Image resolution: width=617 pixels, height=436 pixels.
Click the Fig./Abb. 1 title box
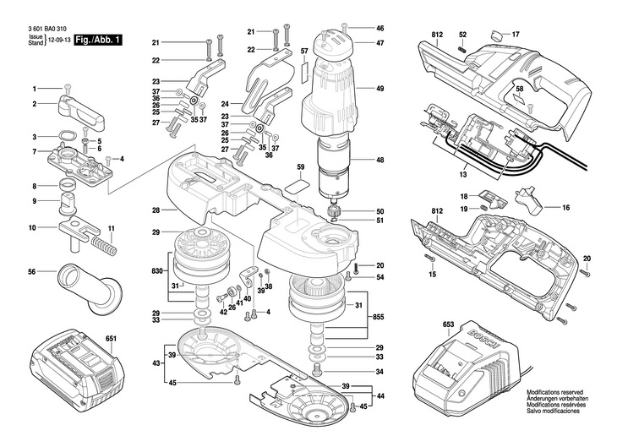coord(98,40)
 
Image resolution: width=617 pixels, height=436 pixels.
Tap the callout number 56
coord(32,271)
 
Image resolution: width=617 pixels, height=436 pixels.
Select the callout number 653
coord(448,324)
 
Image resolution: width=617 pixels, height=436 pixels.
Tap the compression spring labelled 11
coord(104,245)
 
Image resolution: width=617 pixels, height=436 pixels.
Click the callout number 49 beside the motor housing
coord(379,89)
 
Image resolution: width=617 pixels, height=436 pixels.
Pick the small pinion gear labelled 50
coord(333,211)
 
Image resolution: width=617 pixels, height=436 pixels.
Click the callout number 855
coord(378,317)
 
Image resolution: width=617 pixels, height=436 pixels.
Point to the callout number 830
coord(157,271)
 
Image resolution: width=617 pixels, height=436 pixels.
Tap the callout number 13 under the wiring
coord(463,174)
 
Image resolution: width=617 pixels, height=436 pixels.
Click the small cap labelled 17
coord(497,35)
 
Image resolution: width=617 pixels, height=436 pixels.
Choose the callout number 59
coord(301,166)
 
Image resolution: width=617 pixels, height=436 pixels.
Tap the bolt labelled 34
coord(317,370)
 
